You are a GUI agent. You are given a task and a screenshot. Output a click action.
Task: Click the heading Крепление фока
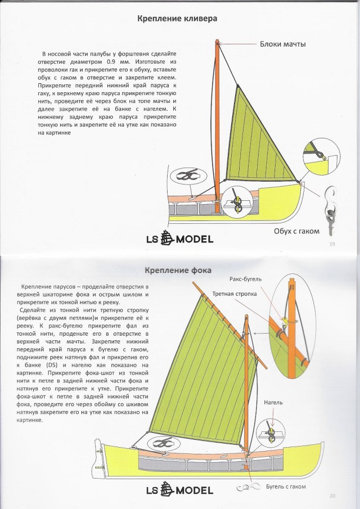point(178,271)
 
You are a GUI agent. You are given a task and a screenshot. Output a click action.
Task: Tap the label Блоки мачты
point(286,44)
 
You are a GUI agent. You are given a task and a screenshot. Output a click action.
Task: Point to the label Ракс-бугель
point(246,280)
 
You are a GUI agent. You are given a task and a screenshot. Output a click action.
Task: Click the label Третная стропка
point(235,294)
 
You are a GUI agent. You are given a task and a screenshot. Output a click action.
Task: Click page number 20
point(332,495)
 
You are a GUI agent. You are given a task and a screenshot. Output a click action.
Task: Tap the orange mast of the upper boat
point(218,112)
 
